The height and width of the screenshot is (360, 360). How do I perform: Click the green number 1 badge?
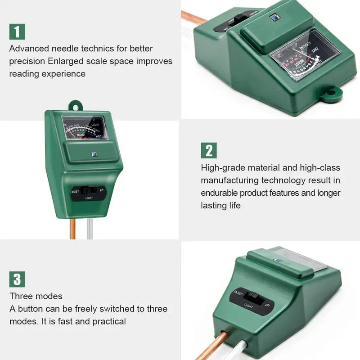coord(17,31)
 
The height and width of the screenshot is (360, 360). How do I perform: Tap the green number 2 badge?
coord(209,150)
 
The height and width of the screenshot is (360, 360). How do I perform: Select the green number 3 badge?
coord(17,279)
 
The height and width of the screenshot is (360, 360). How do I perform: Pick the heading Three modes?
coord(36,296)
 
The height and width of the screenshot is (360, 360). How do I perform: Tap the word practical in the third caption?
coord(109,321)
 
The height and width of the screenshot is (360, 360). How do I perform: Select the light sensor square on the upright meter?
coord(93,154)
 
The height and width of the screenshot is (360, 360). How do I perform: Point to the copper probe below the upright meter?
coord(72,227)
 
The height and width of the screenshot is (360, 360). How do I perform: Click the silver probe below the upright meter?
coord(89,227)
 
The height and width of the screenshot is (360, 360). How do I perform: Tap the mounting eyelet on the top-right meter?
coord(331,94)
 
